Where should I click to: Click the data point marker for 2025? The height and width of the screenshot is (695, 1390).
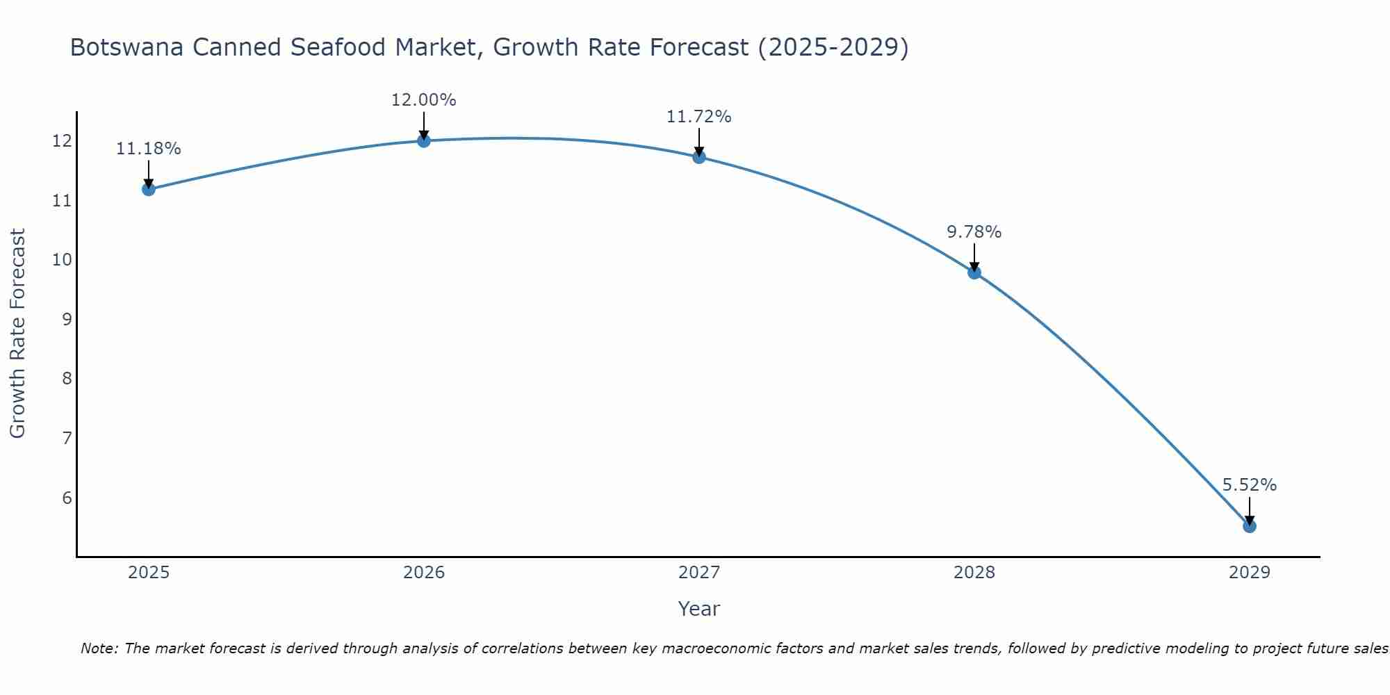click(148, 189)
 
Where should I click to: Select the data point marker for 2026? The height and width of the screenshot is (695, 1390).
click(424, 141)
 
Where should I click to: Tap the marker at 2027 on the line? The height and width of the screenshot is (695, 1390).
click(699, 157)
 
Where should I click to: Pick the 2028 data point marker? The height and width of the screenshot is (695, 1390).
click(974, 272)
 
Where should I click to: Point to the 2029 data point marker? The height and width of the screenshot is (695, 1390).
click(1250, 526)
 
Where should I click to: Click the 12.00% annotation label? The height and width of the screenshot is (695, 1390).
click(424, 100)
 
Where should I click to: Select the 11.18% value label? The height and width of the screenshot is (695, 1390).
click(148, 149)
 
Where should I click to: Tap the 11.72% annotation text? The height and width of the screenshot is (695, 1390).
click(699, 117)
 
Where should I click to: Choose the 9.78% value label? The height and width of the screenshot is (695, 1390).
click(974, 232)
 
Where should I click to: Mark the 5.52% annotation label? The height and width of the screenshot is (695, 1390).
click(1250, 485)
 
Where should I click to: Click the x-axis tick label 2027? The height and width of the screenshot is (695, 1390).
click(699, 573)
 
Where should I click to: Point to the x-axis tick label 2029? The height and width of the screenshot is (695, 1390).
click(1250, 573)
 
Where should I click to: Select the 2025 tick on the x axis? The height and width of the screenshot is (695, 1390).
click(149, 573)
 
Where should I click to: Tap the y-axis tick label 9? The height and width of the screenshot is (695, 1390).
click(67, 320)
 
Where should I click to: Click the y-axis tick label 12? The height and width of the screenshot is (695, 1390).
click(62, 142)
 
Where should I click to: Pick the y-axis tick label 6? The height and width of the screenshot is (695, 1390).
click(67, 498)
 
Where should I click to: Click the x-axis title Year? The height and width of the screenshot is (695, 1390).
click(699, 609)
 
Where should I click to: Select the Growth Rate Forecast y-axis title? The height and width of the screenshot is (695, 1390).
click(18, 334)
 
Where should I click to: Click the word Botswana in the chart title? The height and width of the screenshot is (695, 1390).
click(127, 47)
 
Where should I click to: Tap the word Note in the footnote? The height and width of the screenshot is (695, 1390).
click(100, 648)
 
